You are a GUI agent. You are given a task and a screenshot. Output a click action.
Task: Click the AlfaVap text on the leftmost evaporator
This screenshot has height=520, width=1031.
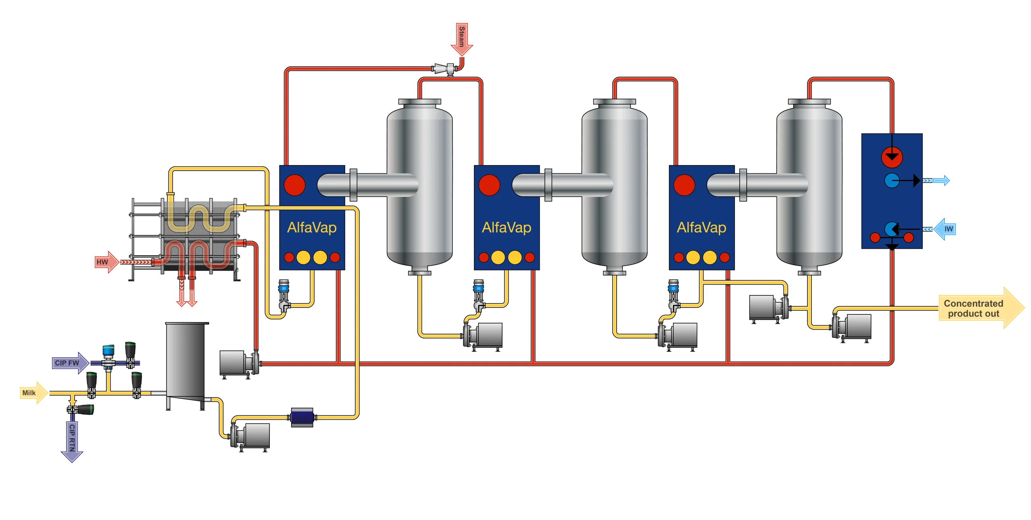312,228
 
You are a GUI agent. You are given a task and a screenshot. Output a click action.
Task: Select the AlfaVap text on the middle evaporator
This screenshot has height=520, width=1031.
507,228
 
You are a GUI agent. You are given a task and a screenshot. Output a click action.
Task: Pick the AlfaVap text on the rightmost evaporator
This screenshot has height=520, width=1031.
702,228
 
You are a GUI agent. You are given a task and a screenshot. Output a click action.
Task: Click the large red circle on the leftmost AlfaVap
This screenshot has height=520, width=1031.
294,185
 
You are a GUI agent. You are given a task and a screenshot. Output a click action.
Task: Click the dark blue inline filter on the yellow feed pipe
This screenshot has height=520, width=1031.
302,417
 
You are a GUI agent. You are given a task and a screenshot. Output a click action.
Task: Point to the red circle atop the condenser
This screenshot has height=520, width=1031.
892,157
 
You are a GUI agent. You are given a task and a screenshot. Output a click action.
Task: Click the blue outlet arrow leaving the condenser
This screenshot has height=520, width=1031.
939,181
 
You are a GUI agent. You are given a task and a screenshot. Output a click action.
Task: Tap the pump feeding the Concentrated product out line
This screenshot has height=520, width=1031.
851,326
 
